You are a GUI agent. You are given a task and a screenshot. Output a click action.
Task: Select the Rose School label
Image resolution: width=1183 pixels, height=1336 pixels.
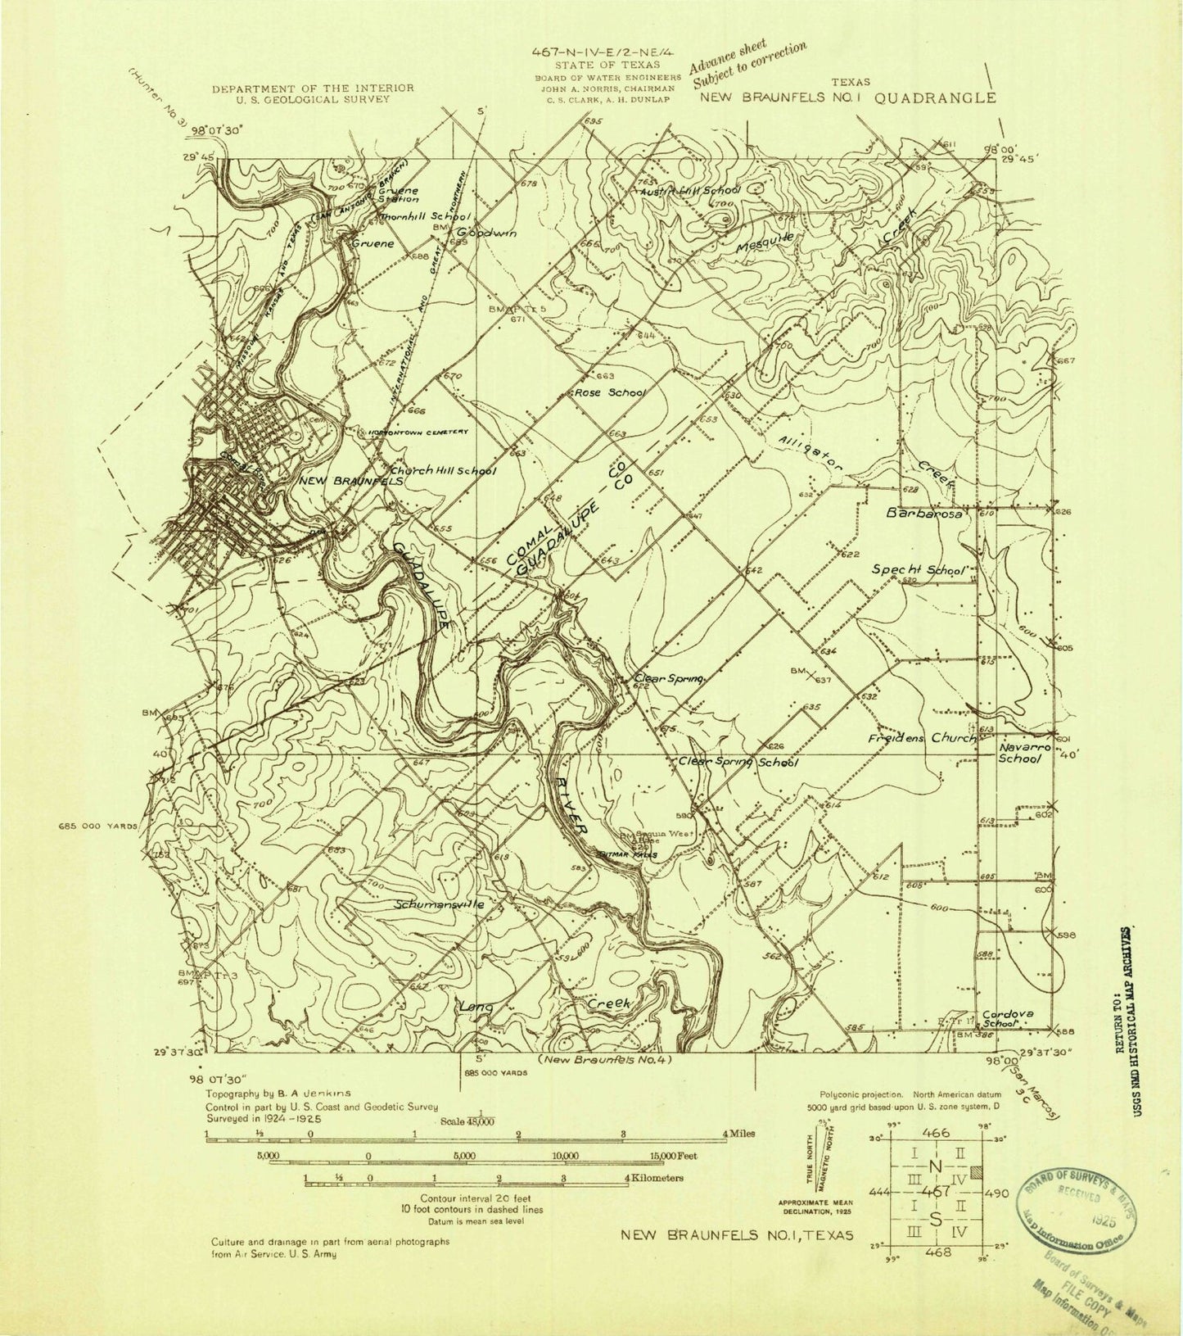pyautogui.click(x=610, y=392)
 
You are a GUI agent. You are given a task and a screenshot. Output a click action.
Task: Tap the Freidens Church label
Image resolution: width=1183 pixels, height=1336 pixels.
pyautogui.click(x=922, y=738)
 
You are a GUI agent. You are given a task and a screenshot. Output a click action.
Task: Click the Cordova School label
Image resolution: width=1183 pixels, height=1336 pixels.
pyautogui.click(x=1008, y=1017)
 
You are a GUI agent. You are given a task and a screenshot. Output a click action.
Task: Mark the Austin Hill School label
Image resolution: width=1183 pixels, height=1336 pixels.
pyautogui.click(x=693, y=190)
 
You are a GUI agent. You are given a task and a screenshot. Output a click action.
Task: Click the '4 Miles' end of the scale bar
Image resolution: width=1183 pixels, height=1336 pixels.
pyautogui.click(x=738, y=1134)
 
